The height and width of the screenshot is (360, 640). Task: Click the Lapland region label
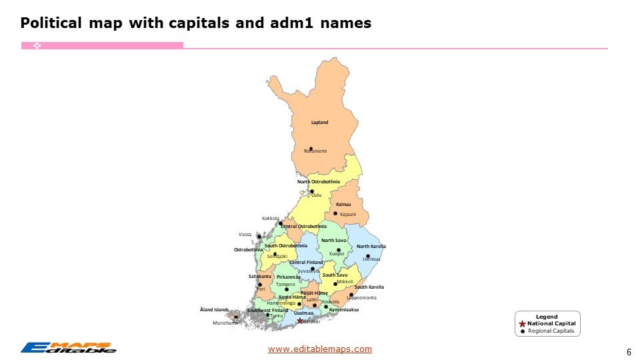click(x=319, y=123)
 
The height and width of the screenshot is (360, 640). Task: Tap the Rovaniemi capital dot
click(x=311, y=148)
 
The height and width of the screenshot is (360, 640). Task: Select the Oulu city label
click(x=317, y=195)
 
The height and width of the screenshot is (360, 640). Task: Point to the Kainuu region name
click(x=343, y=205)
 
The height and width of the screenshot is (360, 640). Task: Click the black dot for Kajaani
click(x=335, y=213)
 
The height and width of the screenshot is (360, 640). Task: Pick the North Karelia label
click(x=371, y=247)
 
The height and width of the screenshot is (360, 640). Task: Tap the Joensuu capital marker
click(x=367, y=256)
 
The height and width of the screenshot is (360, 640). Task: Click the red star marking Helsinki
click(x=300, y=321)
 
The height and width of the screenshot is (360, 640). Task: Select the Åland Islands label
click(x=214, y=309)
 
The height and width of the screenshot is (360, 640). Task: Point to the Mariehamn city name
click(x=225, y=323)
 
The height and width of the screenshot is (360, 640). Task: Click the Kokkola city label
click(x=270, y=218)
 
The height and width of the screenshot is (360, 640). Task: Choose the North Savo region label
click(x=333, y=240)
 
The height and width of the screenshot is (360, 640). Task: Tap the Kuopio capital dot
click(x=339, y=250)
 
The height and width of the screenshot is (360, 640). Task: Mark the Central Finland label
click(x=305, y=263)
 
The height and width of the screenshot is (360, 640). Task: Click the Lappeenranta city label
click(x=362, y=297)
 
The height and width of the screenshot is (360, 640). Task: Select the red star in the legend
click(x=522, y=323)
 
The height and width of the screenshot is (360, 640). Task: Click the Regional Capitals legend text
click(x=551, y=331)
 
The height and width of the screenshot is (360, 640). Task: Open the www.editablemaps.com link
click(x=319, y=349)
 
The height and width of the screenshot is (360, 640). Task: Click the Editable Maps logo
click(x=68, y=347)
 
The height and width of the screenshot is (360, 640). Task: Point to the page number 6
click(x=629, y=352)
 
